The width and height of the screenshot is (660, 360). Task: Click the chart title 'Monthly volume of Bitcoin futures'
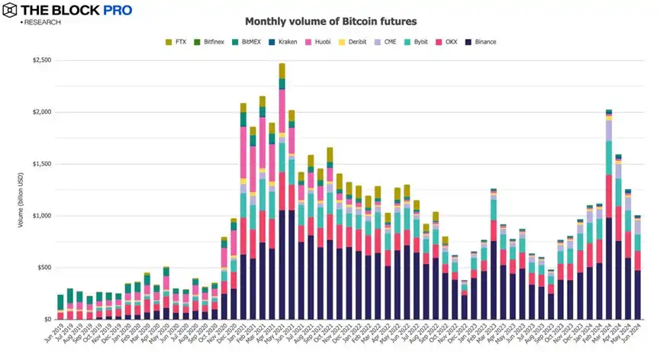(330, 21)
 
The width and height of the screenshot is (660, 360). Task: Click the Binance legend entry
(481, 42)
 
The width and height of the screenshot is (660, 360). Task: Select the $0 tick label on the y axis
(45, 320)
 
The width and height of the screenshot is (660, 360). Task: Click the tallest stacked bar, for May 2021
(282, 191)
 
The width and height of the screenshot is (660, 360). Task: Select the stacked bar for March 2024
(609, 214)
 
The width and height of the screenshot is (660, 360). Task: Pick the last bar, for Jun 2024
(638, 268)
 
